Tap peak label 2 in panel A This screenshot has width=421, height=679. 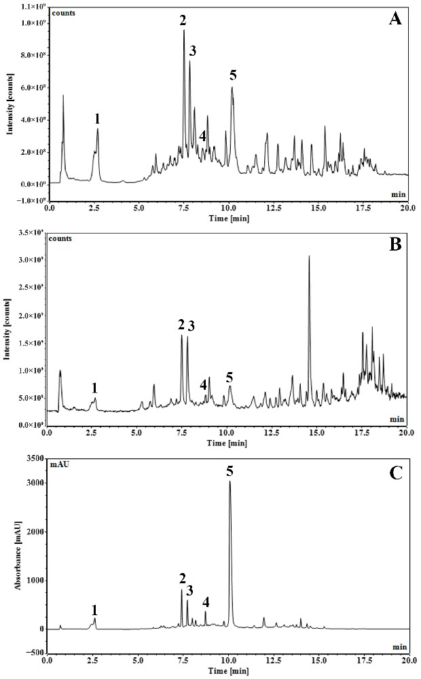[x=183, y=20]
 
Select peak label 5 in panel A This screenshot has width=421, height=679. [x=233, y=75]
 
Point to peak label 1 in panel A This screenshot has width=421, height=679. [x=98, y=118]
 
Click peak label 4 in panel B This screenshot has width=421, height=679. [x=204, y=384]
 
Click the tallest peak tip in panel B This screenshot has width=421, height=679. [x=309, y=256]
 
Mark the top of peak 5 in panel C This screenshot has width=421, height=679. [x=230, y=481]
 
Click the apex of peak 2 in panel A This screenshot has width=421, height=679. [x=183, y=31]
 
